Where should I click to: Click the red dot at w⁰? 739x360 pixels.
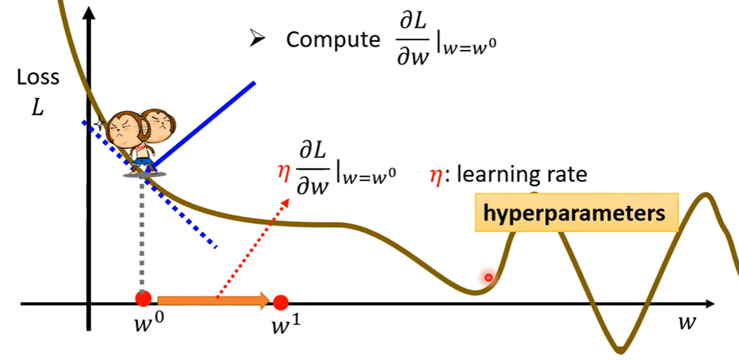pos(143,298)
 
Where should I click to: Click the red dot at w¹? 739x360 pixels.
pos(280,301)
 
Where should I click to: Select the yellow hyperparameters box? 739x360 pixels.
pos(576,213)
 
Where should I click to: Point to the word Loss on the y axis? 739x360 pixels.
pos(38,77)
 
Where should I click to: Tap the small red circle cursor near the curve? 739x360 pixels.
pos(488,278)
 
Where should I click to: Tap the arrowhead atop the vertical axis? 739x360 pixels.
pos(89,13)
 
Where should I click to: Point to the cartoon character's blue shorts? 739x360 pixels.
pos(143,161)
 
